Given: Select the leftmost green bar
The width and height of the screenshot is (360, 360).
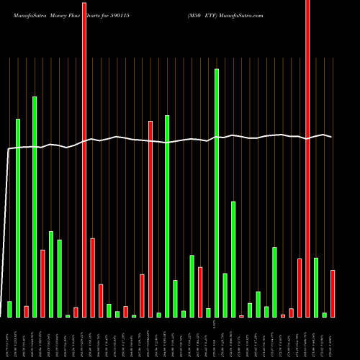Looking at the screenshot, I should (x=9, y=309).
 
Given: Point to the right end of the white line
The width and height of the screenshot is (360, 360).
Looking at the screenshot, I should (x=331, y=137).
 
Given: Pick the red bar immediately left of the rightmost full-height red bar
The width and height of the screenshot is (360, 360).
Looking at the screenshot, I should (x=300, y=287).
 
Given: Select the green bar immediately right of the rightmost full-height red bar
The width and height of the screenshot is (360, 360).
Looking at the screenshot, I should (x=316, y=287).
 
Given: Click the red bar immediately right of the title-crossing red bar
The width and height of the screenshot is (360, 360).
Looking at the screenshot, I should (x=93, y=277).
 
